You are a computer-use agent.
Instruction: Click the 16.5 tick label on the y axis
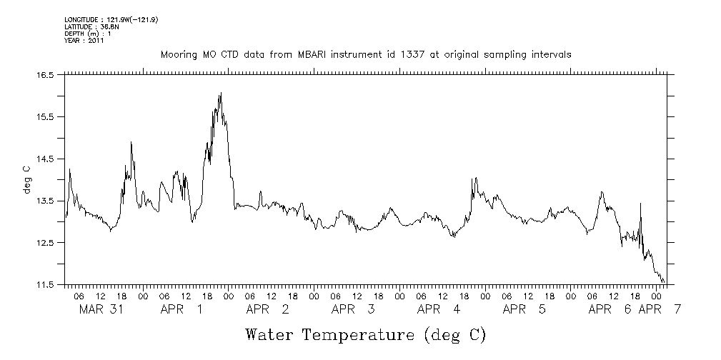(46, 74)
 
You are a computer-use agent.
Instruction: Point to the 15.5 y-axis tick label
(46, 116)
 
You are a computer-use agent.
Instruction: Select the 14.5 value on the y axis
(46, 159)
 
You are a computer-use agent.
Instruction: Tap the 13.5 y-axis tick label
(46, 201)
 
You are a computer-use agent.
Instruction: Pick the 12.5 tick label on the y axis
(46, 243)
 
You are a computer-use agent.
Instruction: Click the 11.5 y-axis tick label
(46, 285)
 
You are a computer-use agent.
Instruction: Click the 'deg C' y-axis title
(26, 179)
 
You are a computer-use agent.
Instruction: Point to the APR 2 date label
(267, 309)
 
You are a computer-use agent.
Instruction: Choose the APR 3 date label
(353, 309)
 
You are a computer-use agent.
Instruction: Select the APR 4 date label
(439, 309)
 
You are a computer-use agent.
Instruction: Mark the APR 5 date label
(524, 309)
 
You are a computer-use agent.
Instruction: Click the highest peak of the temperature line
(221, 93)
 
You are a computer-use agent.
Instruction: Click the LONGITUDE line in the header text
(111, 20)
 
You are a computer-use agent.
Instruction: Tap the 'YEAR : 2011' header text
(84, 41)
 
